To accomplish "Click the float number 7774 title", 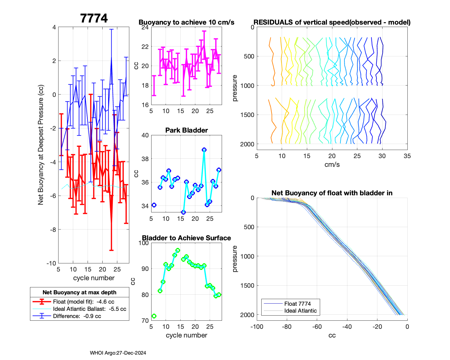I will tap(94, 18).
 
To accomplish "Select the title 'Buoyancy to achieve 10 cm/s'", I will tap(186, 22).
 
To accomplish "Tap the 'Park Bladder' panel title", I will tap(186, 130).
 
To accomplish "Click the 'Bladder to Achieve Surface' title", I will tap(186, 238).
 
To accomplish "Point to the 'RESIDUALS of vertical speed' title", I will tap(332, 22).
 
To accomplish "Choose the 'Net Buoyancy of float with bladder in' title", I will tap(332, 193).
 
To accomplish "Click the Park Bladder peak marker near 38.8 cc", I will tap(204, 150).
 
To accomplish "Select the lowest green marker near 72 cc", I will tap(154, 316).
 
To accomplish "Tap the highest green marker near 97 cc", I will tap(178, 250).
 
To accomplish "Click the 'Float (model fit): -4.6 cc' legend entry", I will tap(83, 302).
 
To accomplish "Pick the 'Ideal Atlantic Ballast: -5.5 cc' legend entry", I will tap(89, 309).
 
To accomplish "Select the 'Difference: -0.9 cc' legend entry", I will tap(77, 316).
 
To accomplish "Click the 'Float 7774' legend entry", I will tap(297, 304).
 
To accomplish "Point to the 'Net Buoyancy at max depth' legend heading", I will tap(79, 292).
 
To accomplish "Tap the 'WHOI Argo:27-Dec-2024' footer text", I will tap(118, 353).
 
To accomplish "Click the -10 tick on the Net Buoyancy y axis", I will tap(51, 263).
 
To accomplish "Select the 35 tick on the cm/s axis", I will tap(407, 156).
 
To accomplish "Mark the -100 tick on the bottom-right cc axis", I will tap(257, 327).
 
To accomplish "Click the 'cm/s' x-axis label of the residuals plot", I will tap(332, 164).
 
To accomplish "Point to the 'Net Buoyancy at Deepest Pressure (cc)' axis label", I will tap(41, 145).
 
